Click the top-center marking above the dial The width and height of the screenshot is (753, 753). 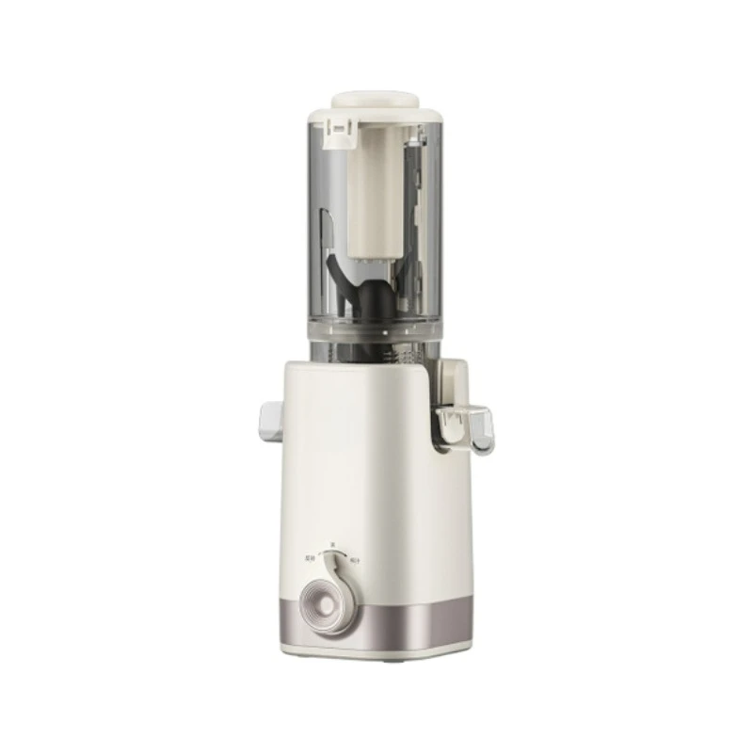coord(331,544)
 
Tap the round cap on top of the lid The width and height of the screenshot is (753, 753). coord(376,97)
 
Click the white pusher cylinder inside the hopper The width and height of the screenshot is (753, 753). coord(376,188)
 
